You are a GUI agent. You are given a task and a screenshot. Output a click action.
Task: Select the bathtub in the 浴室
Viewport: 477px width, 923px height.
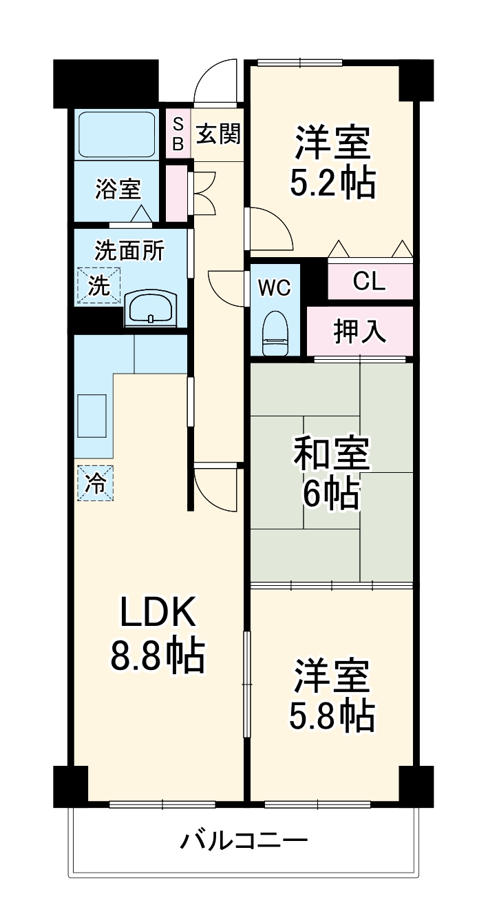coord(116,134)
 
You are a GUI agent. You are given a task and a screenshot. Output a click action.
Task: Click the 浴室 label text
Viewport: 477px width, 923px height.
coord(118,188)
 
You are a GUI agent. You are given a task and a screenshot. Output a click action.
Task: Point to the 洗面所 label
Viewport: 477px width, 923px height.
coord(129,251)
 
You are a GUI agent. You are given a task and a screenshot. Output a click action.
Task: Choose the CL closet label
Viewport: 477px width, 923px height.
coord(370,281)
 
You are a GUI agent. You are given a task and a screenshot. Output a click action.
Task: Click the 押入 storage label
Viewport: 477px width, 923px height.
coord(360,332)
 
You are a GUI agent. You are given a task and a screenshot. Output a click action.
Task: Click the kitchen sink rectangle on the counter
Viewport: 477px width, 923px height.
coord(92,415)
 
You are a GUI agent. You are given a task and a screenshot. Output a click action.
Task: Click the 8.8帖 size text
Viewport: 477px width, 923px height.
coord(158,656)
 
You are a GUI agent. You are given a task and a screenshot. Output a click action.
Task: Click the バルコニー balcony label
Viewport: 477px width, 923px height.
coord(244,841)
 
